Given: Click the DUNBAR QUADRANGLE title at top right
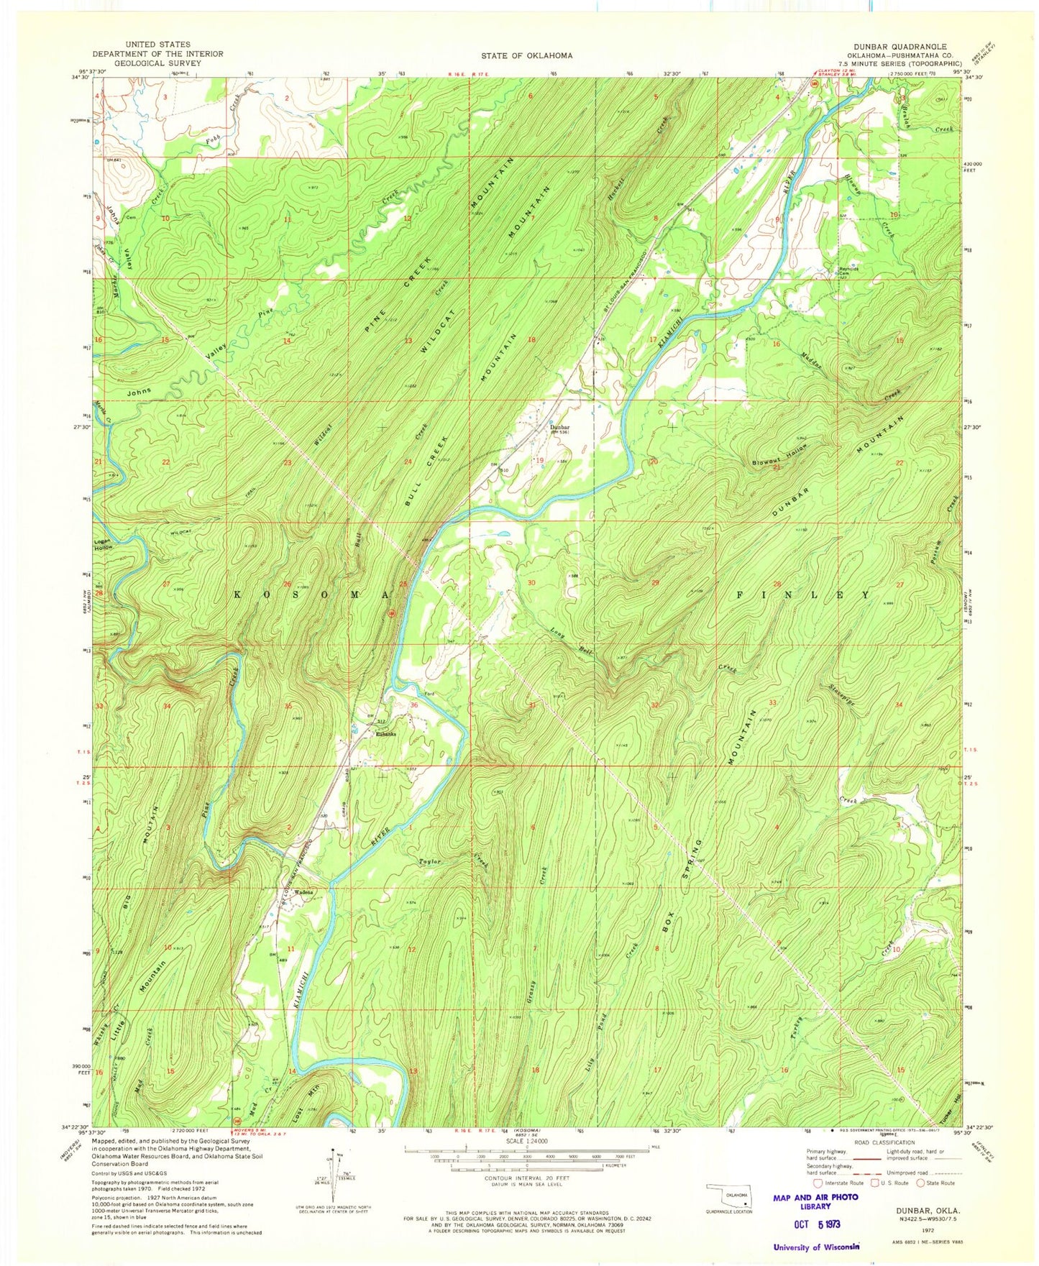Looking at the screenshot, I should [x=900, y=45].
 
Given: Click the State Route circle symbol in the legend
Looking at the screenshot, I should [x=920, y=1183].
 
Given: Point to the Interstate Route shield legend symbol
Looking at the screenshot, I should [x=817, y=1183].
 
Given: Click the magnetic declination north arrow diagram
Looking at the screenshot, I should [x=334, y=1170].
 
